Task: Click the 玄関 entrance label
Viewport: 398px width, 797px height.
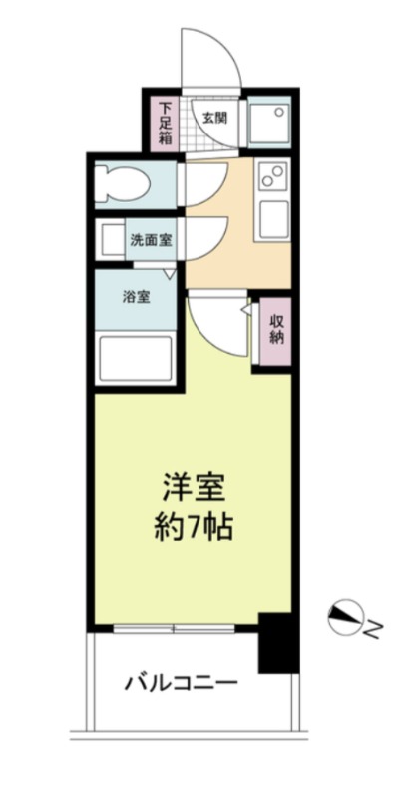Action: click(x=213, y=117)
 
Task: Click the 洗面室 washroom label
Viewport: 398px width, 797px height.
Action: click(x=150, y=240)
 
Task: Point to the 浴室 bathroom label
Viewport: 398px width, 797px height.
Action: click(x=137, y=296)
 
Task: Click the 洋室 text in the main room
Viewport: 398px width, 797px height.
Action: click(x=196, y=488)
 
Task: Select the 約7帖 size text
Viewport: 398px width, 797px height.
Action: click(x=196, y=525)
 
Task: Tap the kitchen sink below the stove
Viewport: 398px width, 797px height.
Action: click(x=272, y=217)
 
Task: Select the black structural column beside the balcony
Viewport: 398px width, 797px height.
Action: click(x=278, y=644)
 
